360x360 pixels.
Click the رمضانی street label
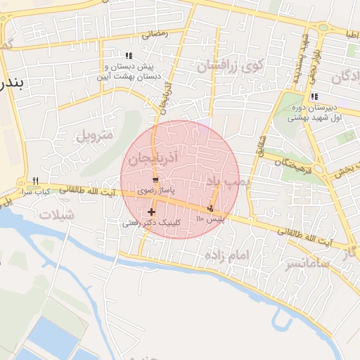tap(156, 33)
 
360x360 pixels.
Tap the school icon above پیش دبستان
tap(128, 55)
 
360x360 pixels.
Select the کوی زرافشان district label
tap(230, 67)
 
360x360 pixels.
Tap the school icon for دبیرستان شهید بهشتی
tap(314, 96)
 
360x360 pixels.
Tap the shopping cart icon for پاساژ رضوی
tap(155, 181)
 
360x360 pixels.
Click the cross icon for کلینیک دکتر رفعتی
tap(151, 212)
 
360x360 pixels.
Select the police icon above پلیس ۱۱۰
tap(211, 208)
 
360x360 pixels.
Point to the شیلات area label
tap(56, 216)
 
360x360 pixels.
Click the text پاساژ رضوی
tap(155, 191)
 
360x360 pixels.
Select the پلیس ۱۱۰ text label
tap(210, 219)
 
